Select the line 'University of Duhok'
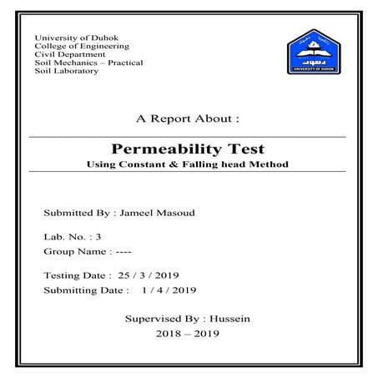tap(71, 38)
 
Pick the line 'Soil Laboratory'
tap(66, 71)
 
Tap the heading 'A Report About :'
tap(188, 118)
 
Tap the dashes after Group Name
tap(122, 251)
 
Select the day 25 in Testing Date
tap(123, 275)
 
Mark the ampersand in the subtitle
tap(184, 164)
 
